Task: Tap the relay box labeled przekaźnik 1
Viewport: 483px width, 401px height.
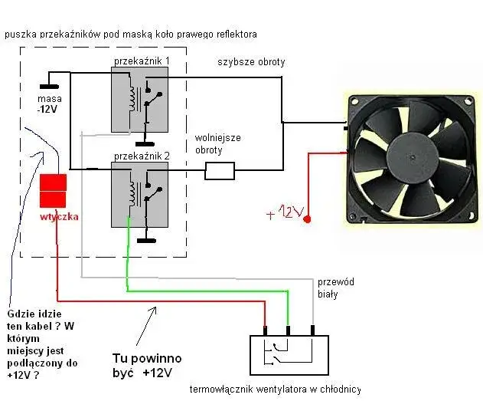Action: pyautogui.click(x=140, y=100)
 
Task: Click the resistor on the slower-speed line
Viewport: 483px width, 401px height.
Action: pyautogui.click(x=219, y=170)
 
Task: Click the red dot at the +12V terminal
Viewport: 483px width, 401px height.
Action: pyautogui.click(x=307, y=221)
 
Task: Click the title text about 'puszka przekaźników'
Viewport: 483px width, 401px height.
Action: pyautogui.click(x=130, y=35)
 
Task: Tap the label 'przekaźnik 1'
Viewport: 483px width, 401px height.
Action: pyautogui.click(x=142, y=60)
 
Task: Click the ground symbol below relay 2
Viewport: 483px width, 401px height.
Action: pyautogui.click(x=142, y=241)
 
